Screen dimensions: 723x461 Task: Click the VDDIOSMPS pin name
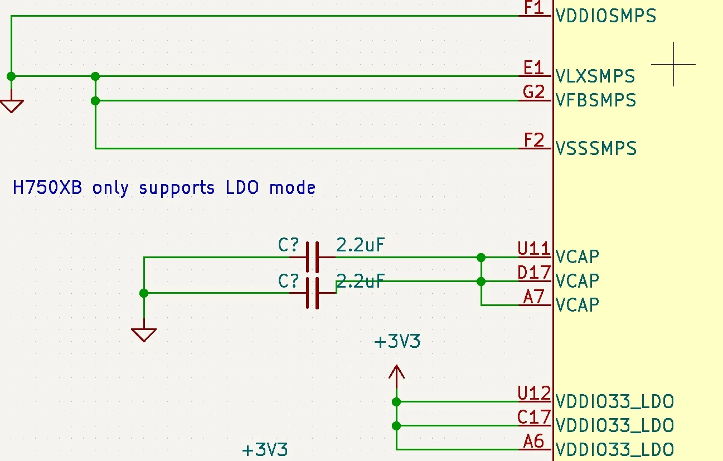[606, 16]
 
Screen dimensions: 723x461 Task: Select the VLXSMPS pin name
[595, 76]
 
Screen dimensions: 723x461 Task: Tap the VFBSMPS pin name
[596, 100]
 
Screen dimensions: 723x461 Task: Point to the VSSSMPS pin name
[596, 148]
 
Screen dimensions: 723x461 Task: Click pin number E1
[533, 68]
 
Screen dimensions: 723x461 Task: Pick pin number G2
[533, 92]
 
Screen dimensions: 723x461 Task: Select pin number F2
[533, 140]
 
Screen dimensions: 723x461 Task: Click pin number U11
[534, 249]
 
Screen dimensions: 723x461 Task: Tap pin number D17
[534, 273]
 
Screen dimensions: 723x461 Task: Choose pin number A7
[533, 297]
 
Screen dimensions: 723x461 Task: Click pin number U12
[534, 393]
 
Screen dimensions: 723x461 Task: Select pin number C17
[534, 417]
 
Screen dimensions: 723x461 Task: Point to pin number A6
[533, 441]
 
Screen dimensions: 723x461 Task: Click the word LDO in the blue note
[242, 187]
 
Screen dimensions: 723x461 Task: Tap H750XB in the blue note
[47, 187]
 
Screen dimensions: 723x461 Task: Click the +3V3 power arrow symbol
[396, 376]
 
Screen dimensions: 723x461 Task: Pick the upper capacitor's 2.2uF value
[360, 245]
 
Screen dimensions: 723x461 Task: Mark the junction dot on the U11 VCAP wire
[481, 258]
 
